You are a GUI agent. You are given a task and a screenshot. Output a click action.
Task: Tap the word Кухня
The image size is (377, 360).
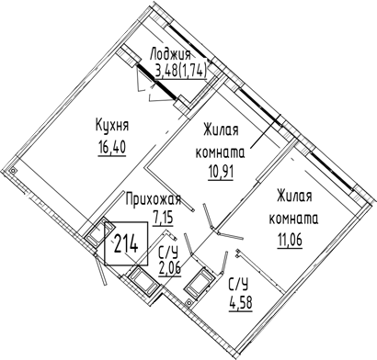112,126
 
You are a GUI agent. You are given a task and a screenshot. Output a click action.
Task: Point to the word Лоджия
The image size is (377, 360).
170,55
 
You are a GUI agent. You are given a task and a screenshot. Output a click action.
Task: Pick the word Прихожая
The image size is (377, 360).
154,199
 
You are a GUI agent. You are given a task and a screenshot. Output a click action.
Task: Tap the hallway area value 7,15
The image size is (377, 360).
163,218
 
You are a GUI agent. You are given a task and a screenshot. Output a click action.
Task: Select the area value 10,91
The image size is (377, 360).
221,173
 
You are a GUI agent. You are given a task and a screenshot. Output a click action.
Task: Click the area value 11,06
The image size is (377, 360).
290,240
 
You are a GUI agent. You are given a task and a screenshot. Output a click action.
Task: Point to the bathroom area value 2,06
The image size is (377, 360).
169,269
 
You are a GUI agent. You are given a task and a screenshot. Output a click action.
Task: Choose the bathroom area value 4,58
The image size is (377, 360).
240,304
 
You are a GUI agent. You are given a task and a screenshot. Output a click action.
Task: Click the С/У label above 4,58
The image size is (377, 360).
238,285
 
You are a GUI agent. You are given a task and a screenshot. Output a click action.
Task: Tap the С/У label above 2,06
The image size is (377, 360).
168,253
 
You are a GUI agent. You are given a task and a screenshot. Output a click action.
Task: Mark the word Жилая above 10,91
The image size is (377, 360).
221,129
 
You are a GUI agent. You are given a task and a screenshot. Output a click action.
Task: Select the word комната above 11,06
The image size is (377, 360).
293,219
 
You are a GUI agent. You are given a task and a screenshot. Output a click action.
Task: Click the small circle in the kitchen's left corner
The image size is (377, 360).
12,171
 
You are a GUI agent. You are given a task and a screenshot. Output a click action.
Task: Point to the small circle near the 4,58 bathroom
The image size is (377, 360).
189,303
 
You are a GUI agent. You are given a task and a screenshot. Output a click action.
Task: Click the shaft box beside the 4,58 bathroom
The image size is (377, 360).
199,283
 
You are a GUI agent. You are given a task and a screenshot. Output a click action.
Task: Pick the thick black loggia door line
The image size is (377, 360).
156,82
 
